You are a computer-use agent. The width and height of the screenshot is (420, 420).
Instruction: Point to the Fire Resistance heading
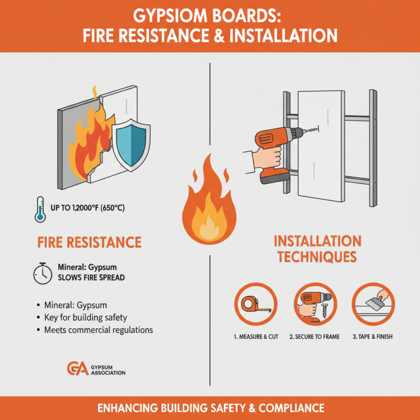point(89,242)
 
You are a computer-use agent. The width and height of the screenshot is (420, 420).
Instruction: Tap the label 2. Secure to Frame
point(314,337)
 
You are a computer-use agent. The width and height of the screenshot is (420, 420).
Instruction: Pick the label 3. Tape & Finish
point(373,337)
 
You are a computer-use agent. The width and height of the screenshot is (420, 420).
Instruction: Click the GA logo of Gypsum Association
point(75,369)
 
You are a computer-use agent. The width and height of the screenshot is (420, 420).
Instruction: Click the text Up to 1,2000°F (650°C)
point(88,208)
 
